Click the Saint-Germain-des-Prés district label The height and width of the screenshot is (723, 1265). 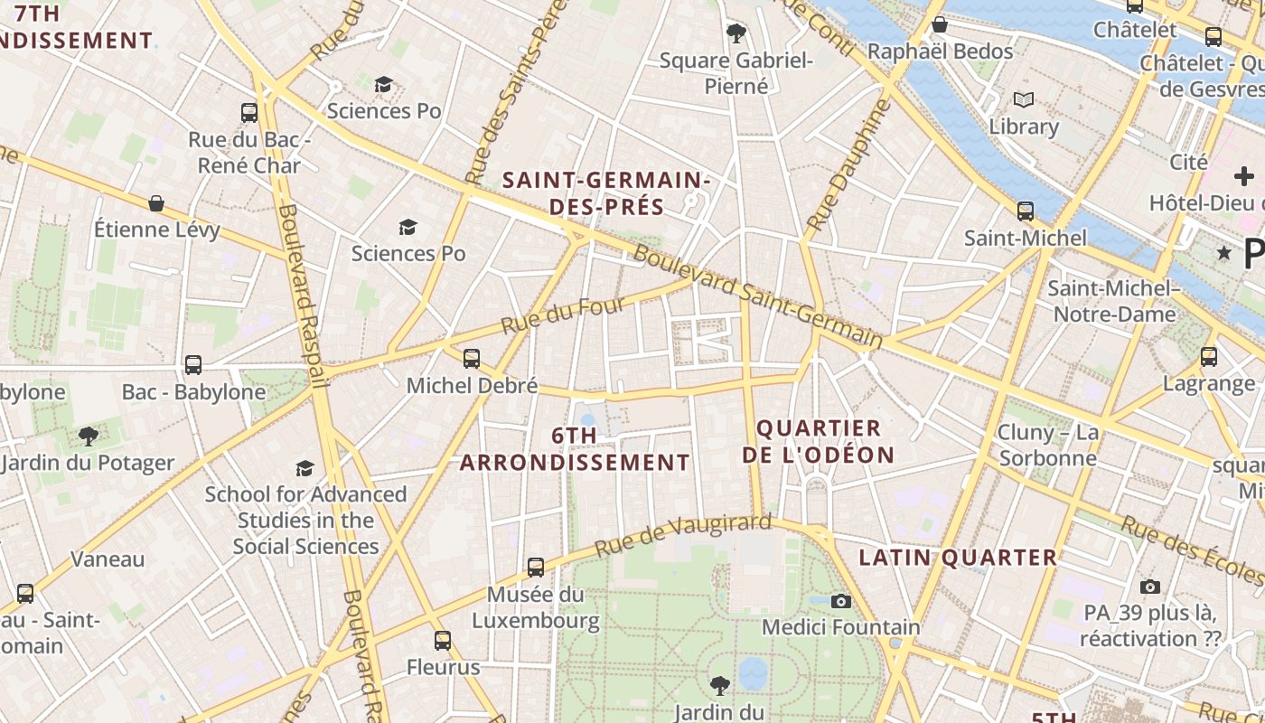(x=606, y=193)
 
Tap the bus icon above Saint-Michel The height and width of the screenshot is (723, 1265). (x=1026, y=211)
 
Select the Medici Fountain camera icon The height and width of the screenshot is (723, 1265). (x=841, y=601)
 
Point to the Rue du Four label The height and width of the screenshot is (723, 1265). (x=563, y=315)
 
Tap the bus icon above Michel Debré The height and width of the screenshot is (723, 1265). (x=472, y=359)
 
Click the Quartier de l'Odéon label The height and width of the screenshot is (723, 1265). (x=819, y=441)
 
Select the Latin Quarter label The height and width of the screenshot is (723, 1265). (x=958, y=558)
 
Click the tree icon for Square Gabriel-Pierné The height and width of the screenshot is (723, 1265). (x=736, y=33)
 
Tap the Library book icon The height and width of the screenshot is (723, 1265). (x=1023, y=99)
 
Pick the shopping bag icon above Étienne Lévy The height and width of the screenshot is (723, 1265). (x=156, y=203)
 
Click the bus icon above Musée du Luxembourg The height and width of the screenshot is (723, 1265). (x=536, y=568)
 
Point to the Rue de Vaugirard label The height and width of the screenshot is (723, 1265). (x=683, y=536)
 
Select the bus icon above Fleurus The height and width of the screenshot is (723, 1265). (x=442, y=641)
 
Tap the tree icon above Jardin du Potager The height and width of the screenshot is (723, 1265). (x=88, y=437)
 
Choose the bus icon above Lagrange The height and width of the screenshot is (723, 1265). (x=1209, y=357)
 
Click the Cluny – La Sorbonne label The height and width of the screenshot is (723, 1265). (x=1048, y=445)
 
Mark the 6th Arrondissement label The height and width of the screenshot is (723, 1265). (x=575, y=449)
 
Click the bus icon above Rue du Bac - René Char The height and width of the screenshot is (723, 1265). (x=249, y=113)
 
